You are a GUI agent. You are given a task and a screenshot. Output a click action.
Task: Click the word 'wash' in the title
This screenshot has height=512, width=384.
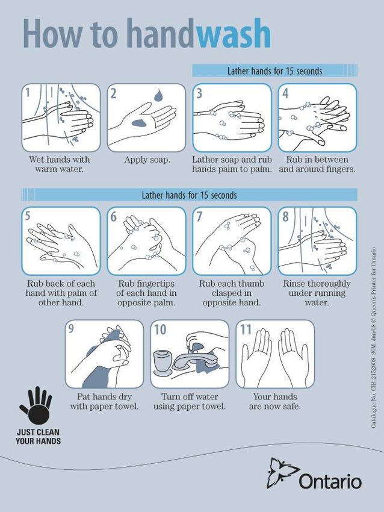234,34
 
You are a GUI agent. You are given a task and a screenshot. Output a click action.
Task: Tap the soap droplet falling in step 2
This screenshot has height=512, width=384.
159,95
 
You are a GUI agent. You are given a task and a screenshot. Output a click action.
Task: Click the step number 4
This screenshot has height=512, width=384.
285,93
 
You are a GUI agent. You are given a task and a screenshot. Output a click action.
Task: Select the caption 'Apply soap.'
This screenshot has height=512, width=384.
147,160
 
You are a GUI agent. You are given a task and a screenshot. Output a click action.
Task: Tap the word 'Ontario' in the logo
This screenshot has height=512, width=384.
330,482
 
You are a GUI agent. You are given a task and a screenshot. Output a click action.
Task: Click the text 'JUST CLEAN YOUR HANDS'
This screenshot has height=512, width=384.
38,437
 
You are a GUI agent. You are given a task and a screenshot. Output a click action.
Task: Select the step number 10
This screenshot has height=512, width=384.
160,330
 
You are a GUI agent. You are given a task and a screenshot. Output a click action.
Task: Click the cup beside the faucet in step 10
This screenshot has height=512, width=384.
163,362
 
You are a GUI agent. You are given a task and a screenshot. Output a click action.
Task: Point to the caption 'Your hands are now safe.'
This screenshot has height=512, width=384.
274,402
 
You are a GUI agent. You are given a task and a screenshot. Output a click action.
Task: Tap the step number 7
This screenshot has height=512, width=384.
199,216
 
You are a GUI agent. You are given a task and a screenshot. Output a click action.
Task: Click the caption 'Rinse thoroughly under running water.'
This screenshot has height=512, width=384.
317,293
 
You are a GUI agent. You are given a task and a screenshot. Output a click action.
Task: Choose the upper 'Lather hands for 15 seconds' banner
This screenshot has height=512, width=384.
274,71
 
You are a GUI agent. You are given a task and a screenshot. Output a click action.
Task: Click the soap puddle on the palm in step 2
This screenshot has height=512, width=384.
140,123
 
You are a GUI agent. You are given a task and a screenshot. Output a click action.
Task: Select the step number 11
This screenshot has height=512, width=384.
246,330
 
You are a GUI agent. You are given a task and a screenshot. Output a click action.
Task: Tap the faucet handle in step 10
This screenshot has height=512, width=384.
196,346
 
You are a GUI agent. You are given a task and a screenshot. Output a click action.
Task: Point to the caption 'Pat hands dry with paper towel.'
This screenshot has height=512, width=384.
104,402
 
